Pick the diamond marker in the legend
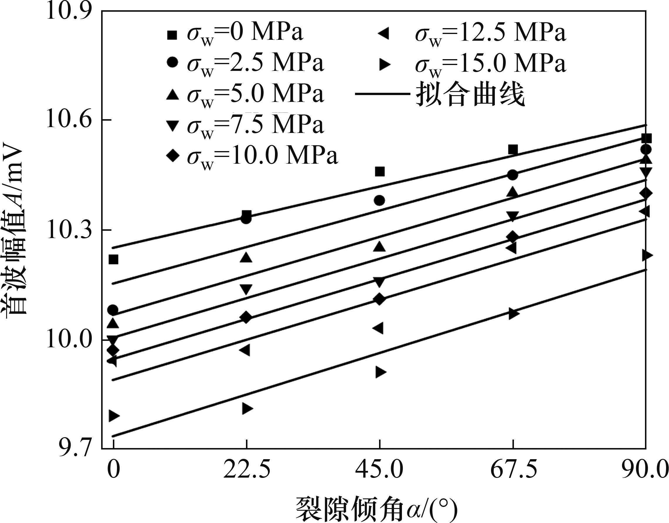[173, 156]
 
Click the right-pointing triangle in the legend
[384, 64]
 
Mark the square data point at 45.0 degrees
[380, 172]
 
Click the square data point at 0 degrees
[113, 259]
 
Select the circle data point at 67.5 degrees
[512, 175]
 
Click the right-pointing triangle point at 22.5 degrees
[247, 409]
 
